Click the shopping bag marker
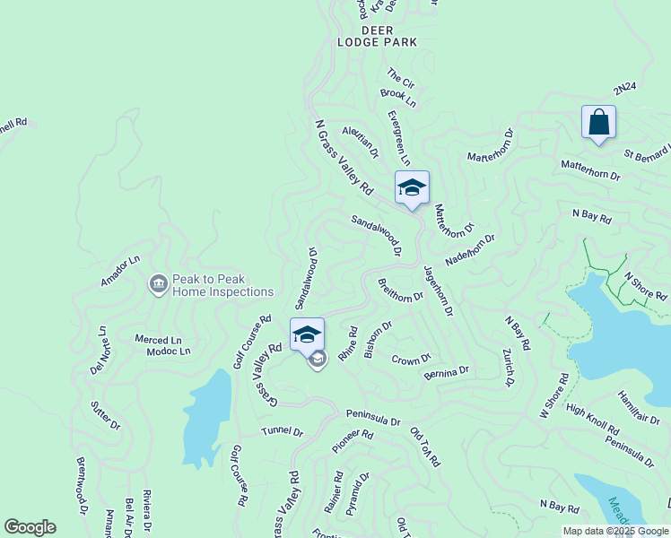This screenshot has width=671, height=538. [x=598, y=122]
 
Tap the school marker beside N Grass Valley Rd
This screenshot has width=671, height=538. [x=412, y=187]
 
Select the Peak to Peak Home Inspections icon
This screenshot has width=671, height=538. [x=158, y=284]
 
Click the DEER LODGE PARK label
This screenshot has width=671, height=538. [x=377, y=36]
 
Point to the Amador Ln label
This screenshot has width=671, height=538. [x=121, y=271]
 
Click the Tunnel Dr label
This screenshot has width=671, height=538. [x=283, y=431]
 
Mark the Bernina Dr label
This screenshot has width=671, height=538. [x=446, y=371]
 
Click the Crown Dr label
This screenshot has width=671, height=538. [x=412, y=360]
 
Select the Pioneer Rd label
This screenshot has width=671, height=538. [x=352, y=439]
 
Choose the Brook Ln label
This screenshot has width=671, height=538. [x=398, y=98]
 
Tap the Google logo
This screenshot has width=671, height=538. [x=30, y=527]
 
